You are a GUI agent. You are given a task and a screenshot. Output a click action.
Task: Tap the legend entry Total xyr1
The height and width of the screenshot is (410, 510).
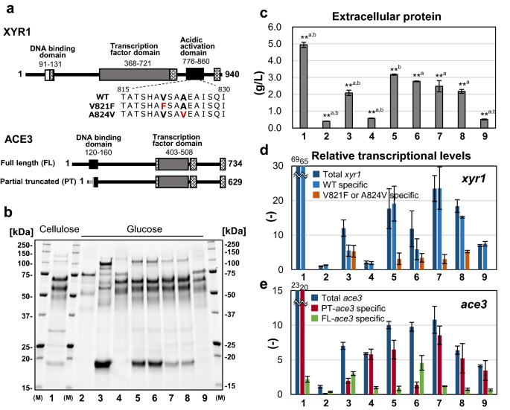(366, 173)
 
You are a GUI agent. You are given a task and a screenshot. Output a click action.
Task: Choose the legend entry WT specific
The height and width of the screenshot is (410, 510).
(365, 183)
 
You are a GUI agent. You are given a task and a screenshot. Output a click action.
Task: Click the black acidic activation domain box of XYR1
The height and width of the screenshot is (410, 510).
(194, 74)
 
